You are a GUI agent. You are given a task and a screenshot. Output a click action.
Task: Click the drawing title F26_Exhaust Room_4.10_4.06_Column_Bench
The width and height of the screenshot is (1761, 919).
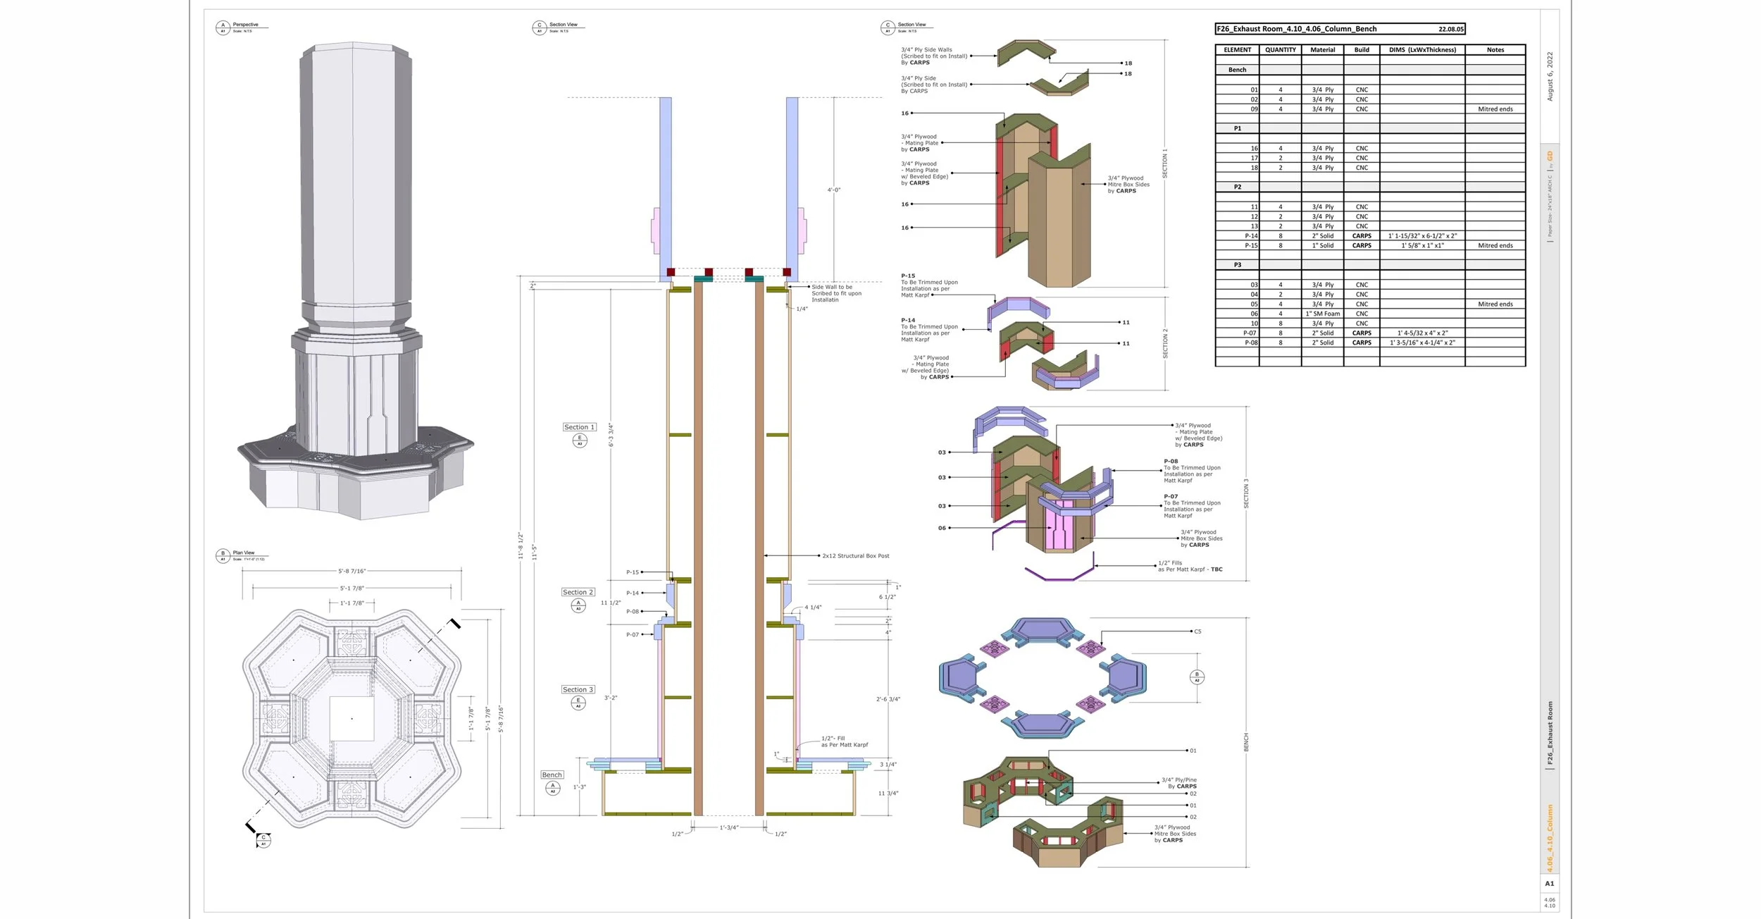(x=1296, y=29)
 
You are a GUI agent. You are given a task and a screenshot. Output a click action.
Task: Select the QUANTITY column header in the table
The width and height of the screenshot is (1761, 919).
(x=1280, y=50)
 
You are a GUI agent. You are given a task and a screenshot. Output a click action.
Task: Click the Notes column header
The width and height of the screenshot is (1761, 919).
(x=1495, y=50)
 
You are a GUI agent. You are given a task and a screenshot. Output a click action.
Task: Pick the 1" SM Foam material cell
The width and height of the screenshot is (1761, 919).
(x=1322, y=314)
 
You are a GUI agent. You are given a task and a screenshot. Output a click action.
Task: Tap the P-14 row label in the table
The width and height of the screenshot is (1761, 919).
(x=1250, y=236)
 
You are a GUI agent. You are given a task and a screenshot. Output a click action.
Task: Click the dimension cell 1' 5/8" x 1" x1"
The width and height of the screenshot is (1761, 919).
(x=1422, y=246)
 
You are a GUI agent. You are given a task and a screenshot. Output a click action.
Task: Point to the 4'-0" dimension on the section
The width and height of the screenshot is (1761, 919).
(x=833, y=190)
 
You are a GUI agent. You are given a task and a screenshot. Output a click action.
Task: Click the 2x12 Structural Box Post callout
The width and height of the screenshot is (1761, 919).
(x=855, y=556)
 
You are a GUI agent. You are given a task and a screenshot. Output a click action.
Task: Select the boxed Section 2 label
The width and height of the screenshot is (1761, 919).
(x=578, y=592)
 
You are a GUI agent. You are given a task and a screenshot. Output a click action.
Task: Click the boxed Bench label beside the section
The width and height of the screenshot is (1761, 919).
(x=552, y=775)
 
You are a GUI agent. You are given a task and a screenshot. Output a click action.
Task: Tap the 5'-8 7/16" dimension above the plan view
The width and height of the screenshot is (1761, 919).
(x=351, y=571)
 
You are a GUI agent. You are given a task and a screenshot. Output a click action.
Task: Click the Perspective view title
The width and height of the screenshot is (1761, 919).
(x=245, y=25)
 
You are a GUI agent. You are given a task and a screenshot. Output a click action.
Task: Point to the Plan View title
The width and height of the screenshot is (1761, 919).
(x=244, y=553)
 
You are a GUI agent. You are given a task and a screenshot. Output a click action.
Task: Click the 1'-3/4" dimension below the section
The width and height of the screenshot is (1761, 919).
(x=728, y=827)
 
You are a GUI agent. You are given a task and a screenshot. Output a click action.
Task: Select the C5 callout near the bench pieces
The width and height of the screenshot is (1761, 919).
(x=1197, y=631)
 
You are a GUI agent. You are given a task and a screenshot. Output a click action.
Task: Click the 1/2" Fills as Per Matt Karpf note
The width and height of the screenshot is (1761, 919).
(x=1190, y=566)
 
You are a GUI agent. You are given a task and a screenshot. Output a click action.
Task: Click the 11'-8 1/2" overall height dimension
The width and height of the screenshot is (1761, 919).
(x=520, y=545)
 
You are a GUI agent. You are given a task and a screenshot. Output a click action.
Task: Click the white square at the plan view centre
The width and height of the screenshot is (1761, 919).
(x=351, y=718)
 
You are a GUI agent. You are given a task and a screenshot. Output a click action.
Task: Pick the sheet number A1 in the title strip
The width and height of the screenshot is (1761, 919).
(x=1549, y=883)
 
